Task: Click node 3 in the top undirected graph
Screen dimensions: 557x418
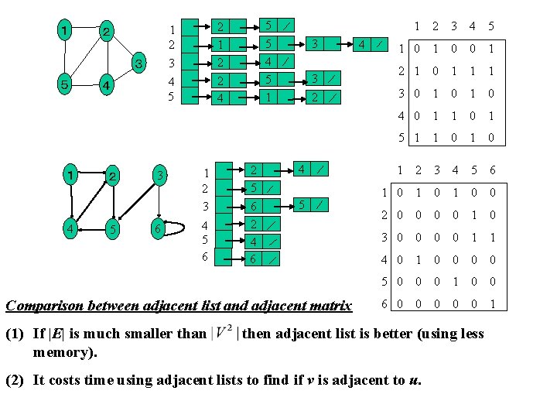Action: pos(137,63)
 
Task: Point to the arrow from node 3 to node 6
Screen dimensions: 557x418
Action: pos(158,203)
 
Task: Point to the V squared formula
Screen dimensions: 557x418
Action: pos(224,334)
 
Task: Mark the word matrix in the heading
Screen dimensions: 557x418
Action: pos(327,306)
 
